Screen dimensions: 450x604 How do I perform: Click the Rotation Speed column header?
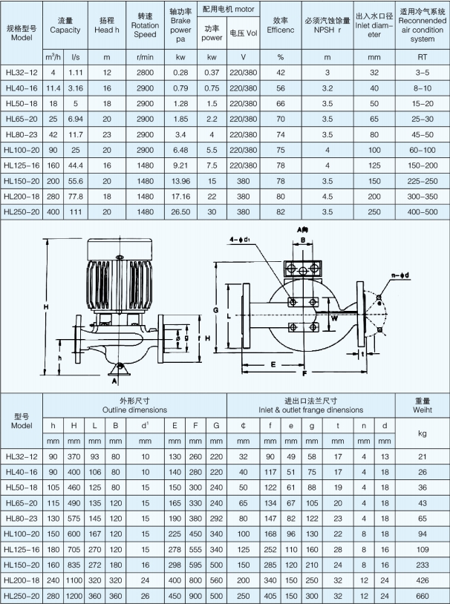click(145, 25)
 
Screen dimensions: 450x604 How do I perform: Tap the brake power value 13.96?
click(180, 181)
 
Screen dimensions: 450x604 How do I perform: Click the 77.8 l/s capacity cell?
click(76, 197)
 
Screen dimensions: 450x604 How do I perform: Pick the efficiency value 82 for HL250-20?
click(281, 212)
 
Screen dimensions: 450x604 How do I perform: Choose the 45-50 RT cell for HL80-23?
click(423, 135)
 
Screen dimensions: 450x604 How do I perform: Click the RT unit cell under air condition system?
click(423, 57)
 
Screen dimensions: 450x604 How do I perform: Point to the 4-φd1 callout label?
click(239, 240)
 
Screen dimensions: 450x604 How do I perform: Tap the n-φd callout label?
click(400, 275)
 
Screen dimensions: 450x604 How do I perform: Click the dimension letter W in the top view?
click(335, 318)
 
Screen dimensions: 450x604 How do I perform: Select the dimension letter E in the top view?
click(273, 364)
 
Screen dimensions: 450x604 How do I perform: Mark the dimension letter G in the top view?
click(215, 310)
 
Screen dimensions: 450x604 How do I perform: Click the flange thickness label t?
click(362, 354)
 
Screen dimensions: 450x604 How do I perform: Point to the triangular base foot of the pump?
click(119, 369)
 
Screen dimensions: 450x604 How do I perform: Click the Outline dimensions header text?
click(134, 410)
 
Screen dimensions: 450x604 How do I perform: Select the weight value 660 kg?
click(423, 596)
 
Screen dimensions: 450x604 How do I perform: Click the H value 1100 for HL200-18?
click(74, 580)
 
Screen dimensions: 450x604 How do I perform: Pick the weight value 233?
click(423, 565)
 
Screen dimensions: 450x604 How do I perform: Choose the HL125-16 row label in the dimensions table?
click(22, 549)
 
